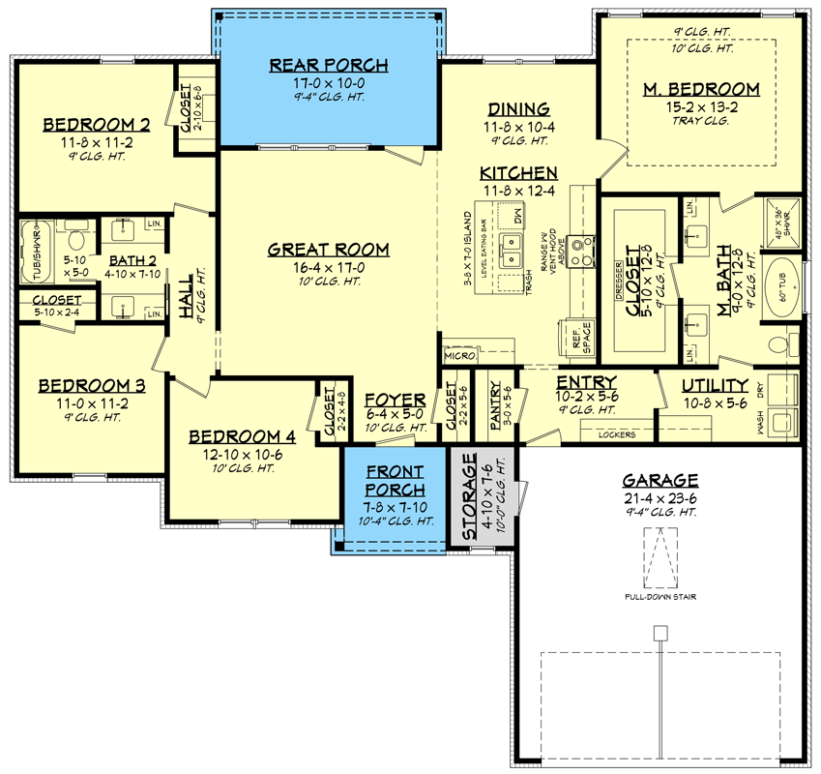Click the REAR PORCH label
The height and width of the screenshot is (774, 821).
point(328,66)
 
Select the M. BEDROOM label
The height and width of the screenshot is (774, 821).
point(701,90)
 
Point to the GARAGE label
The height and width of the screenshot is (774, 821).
point(660,479)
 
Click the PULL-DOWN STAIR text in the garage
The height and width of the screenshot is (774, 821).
point(660,597)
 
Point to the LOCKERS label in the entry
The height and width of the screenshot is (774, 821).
point(617,434)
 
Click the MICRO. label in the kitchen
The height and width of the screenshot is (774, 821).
point(459,357)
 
